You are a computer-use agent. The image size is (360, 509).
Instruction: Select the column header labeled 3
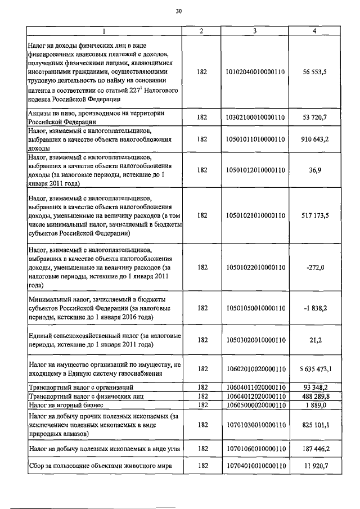(254, 31)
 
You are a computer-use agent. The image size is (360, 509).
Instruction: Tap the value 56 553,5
(315, 73)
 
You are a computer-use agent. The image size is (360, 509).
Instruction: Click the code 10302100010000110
(254, 117)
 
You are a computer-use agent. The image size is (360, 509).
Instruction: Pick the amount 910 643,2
(315, 138)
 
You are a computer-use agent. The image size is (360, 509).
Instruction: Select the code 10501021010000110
(254, 215)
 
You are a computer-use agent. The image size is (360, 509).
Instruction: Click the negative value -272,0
(315, 267)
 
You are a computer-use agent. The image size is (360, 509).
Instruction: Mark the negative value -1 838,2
(315, 308)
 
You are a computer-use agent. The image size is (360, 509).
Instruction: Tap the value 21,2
(315, 340)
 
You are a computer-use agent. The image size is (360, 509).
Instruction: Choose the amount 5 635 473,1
(315, 369)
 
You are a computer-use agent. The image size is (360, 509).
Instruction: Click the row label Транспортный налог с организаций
(81, 388)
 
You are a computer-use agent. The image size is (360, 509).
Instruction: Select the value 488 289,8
(315, 396)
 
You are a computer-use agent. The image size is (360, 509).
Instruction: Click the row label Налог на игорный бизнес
(67, 404)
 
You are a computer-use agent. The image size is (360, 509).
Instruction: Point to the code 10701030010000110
(254, 426)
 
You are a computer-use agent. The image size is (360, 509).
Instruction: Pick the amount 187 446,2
(315, 448)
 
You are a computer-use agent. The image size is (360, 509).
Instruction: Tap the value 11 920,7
(315, 466)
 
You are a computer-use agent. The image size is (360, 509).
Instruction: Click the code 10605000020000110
(254, 404)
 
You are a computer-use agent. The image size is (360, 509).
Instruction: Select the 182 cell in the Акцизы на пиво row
(202, 117)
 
